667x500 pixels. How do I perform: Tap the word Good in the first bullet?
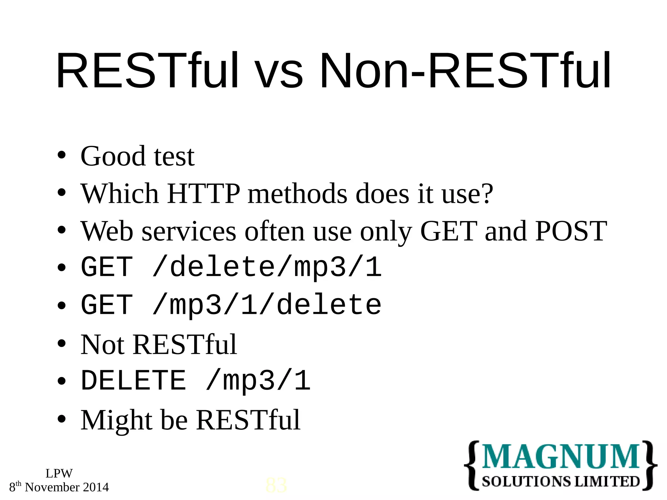113,157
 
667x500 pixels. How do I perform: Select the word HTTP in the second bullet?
204,194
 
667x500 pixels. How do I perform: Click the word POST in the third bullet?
571,231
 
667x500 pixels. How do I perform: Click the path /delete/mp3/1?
267,268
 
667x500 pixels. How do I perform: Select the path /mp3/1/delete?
267,305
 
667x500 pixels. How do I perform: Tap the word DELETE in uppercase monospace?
134,381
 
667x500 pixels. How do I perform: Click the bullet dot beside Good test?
62,155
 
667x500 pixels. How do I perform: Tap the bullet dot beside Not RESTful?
62,343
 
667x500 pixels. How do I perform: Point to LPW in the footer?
59,473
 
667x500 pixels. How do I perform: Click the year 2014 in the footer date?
96,487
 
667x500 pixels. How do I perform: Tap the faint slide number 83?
276,485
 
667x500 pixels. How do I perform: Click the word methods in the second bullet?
297,194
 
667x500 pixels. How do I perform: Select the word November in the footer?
52,487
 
